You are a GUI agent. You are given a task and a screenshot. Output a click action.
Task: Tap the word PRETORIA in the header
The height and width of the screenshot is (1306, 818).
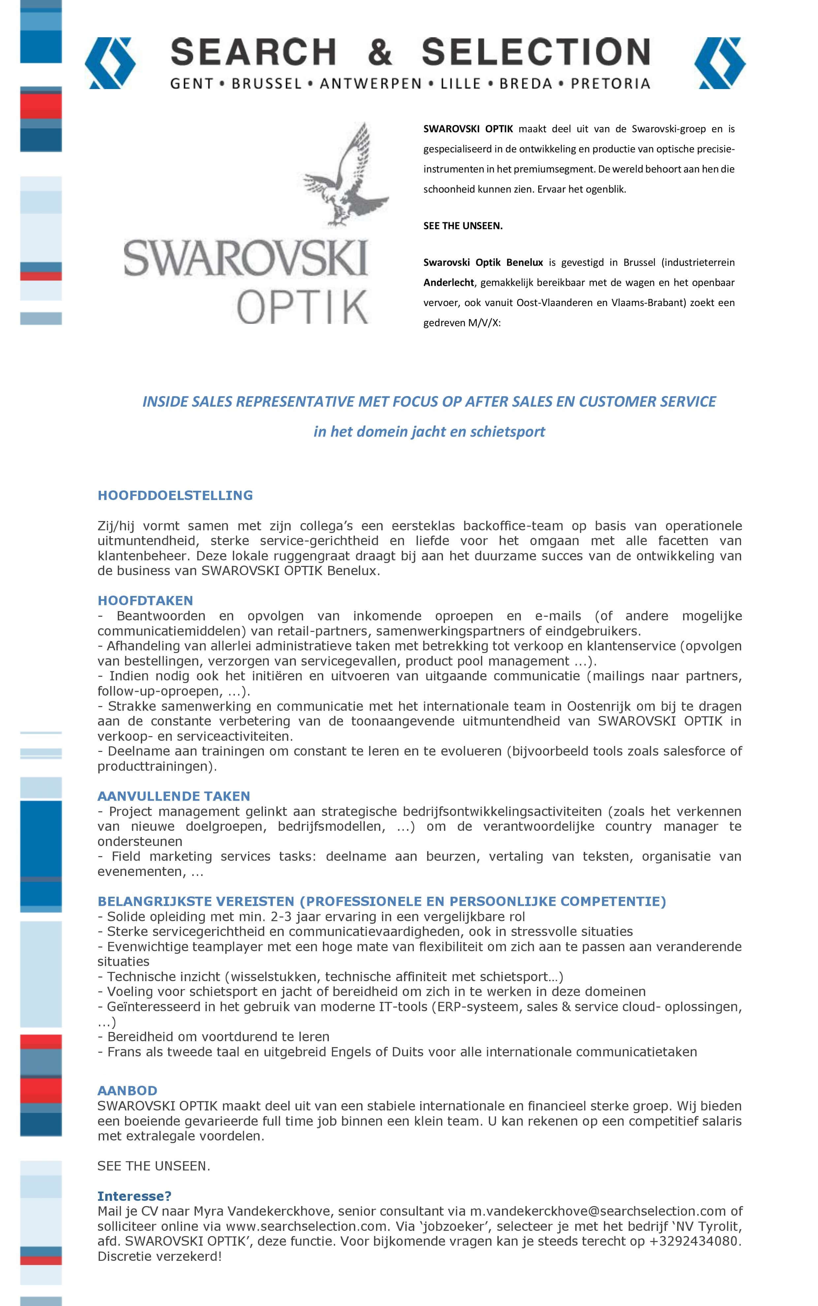coord(610,84)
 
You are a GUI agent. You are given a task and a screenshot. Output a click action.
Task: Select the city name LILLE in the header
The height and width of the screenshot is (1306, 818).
coord(460,84)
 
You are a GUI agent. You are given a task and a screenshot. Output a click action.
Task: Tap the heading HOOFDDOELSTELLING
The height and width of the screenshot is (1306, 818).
coord(175,495)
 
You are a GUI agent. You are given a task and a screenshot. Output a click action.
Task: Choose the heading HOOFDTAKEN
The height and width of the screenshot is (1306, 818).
coord(145,600)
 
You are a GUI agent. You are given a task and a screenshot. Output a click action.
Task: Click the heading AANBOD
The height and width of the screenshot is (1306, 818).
coord(127,1091)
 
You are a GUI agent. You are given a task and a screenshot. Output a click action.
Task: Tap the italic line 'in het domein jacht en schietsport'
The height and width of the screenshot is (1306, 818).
coord(429,432)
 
